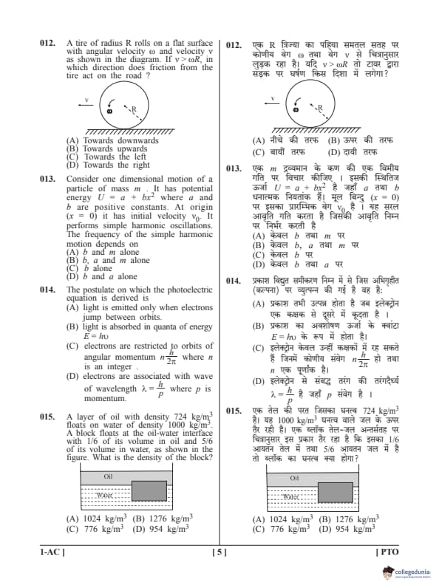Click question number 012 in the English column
(x=48, y=44)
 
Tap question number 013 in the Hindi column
(x=234, y=168)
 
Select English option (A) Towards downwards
(x=112, y=140)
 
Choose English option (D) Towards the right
(x=108, y=165)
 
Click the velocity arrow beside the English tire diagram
(x=86, y=105)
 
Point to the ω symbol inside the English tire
(x=109, y=111)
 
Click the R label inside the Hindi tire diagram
(x=320, y=109)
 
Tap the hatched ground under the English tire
(x=130, y=132)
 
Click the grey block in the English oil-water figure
(x=149, y=490)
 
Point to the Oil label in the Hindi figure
(x=295, y=479)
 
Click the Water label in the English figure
(x=104, y=496)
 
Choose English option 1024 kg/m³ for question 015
(x=96, y=519)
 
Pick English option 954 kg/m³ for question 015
(x=161, y=529)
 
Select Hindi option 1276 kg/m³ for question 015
(x=349, y=519)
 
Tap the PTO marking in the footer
(x=388, y=552)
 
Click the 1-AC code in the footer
(x=52, y=552)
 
